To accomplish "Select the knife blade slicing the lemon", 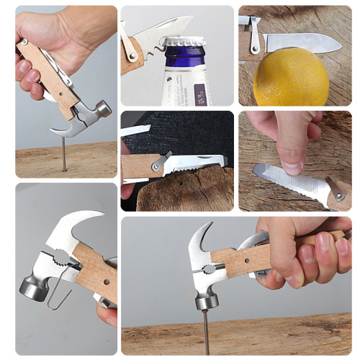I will [x=302, y=43].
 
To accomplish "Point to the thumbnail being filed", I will [x=292, y=166].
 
